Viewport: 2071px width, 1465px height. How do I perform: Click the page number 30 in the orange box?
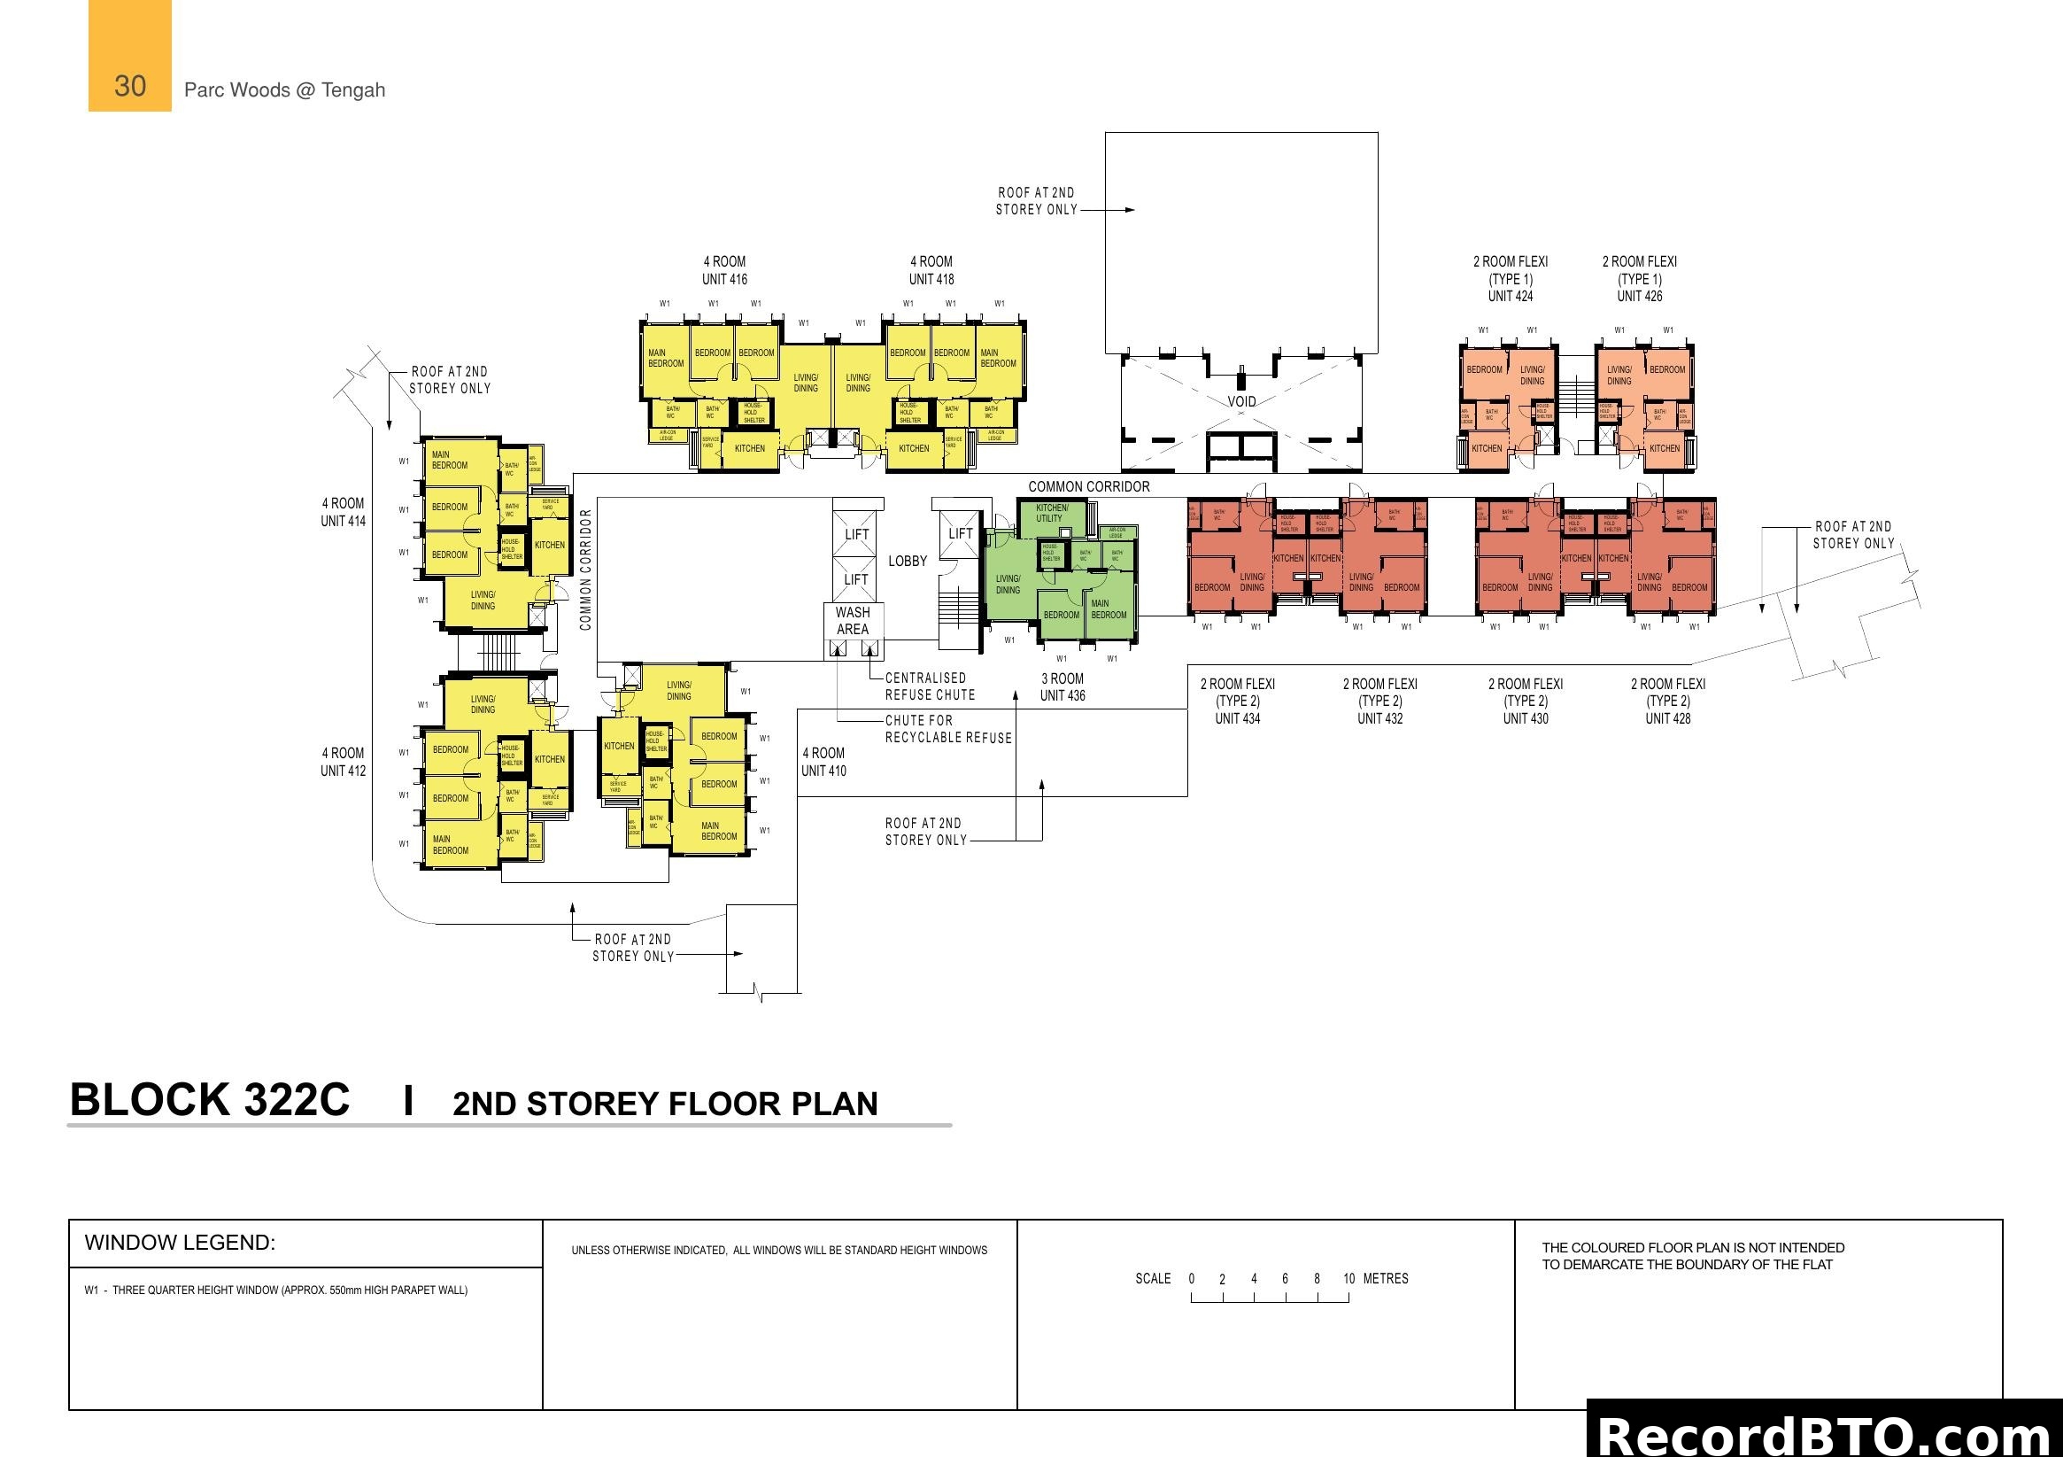[x=130, y=87]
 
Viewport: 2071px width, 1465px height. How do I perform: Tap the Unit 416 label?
[x=724, y=279]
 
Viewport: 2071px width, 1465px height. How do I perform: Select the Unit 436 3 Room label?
[x=1063, y=687]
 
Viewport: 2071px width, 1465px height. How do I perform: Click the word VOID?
[x=1241, y=401]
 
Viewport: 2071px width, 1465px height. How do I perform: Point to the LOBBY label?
[x=908, y=561]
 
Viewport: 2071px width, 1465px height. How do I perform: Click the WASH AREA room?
[x=853, y=621]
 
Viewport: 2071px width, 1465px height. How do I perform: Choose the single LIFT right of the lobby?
[x=961, y=534]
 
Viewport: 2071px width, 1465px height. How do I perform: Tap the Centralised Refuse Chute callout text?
[x=930, y=686]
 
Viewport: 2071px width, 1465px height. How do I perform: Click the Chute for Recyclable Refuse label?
[x=948, y=729]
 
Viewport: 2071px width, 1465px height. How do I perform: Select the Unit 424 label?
[x=1510, y=296]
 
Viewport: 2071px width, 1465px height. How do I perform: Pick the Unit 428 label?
[x=1668, y=719]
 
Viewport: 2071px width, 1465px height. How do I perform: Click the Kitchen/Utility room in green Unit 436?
[x=1052, y=514]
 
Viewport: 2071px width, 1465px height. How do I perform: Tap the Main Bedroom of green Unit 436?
[x=1109, y=608]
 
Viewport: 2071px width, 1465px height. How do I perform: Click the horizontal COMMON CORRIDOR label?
[x=1089, y=487]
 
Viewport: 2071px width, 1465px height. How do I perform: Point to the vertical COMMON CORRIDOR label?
[x=585, y=570]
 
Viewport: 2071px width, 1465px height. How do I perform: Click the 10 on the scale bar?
[x=1348, y=1279]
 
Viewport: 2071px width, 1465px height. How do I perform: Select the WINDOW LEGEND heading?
[x=180, y=1243]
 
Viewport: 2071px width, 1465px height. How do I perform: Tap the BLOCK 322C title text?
[x=209, y=1101]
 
